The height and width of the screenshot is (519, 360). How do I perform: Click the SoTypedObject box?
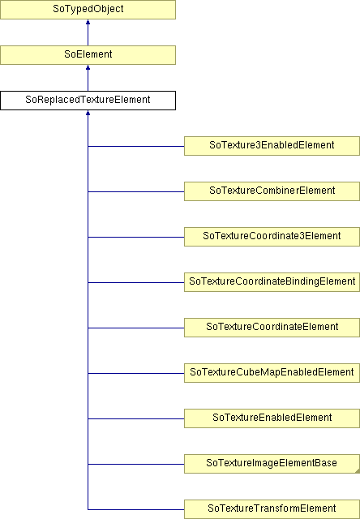coord(88,9)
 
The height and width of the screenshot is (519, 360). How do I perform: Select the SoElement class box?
coord(88,54)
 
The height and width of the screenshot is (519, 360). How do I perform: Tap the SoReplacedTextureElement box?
coord(88,101)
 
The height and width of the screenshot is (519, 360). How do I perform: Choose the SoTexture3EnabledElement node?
coord(272,146)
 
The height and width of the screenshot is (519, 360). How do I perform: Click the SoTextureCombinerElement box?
coord(272,191)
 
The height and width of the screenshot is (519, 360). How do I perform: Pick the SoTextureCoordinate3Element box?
coord(272,236)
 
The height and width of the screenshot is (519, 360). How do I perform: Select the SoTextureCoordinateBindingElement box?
coord(272,282)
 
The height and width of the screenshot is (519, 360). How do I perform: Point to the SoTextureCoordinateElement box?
coord(272,328)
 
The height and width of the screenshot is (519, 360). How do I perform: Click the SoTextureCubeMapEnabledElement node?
coord(272,373)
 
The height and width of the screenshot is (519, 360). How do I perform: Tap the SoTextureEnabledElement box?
coord(272,418)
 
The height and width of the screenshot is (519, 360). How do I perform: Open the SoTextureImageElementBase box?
coord(272,463)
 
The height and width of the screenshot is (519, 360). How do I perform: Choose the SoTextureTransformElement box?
coord(272,509)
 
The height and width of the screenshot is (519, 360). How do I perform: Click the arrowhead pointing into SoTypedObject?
coord(88,22)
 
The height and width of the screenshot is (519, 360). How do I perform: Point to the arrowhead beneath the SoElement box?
coord(88,67)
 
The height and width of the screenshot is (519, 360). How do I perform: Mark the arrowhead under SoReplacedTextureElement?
coord(88,113)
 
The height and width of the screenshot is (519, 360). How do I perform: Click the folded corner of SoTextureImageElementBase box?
coord(358,470)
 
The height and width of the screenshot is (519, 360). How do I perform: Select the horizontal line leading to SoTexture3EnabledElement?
coord(136,146)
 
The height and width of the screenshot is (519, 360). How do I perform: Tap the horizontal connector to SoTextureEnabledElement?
coord(136,418)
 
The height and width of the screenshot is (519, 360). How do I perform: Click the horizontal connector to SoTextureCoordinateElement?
coord(136,328)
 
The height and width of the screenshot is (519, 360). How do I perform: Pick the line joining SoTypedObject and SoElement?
coord(88,32)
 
